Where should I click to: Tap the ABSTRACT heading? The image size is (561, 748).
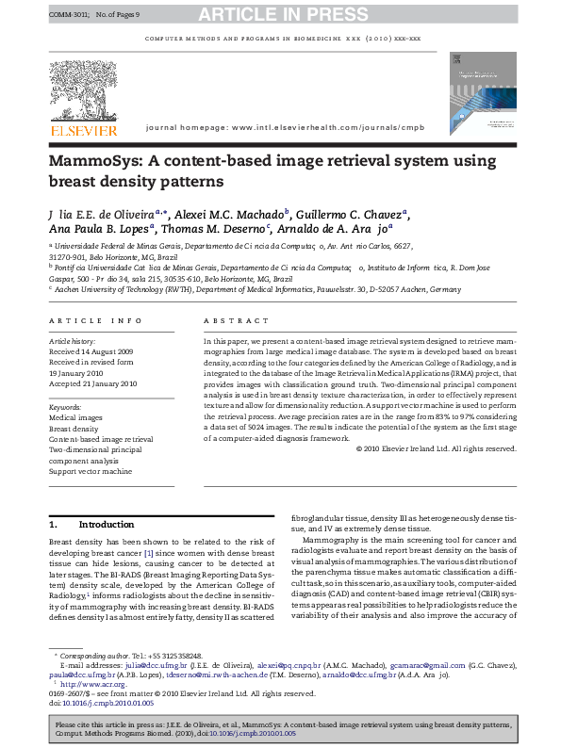tap(230, 320)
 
